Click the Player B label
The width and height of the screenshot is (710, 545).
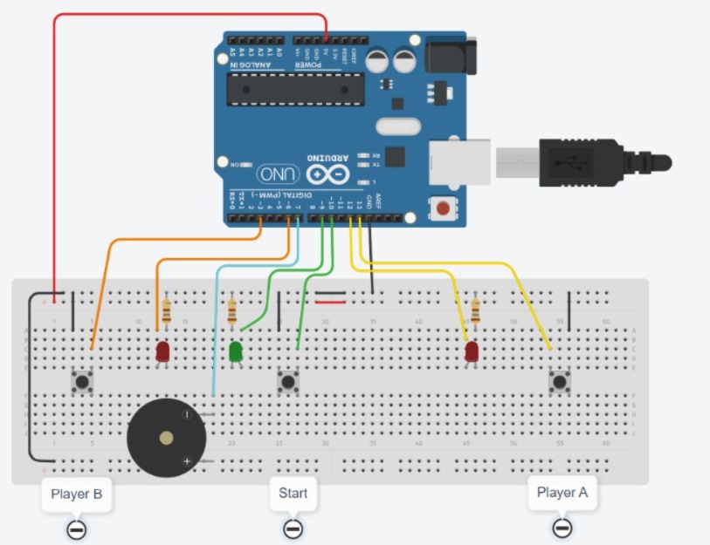pos(77,494)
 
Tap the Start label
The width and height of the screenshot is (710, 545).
pos(293,493)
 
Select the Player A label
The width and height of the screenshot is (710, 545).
pos(562,492)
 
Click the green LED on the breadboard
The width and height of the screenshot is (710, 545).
pos(235,351)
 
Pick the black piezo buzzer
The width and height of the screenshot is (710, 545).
pos(168,437)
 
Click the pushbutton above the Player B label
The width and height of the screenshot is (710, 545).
pos(83,381)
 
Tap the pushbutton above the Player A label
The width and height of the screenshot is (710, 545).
pos(559,381)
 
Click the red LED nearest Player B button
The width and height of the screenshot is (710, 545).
pos(162,351)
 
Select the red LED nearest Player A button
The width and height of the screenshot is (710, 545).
pos(472,351)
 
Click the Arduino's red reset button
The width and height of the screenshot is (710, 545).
pos(444,208)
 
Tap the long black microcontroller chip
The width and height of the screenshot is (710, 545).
pos(295,87)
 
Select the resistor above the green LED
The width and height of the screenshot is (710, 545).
pos(231,311)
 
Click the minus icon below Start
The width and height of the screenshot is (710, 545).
pos(293,528)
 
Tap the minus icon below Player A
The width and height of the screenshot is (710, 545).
pos(562,528)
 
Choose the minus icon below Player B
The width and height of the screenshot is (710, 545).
pos(77,529)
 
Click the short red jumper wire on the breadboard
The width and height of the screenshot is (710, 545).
pos(329,303)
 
